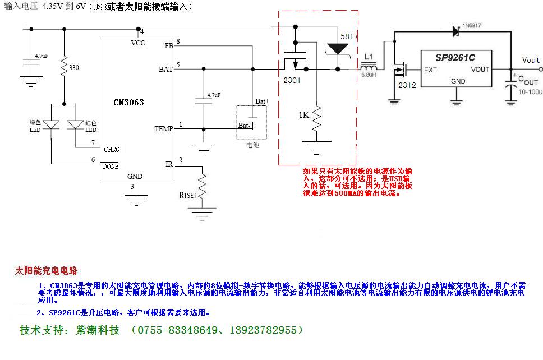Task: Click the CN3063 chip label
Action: click(128, 103)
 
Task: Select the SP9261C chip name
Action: click(455, 57)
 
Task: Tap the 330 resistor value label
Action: click(73, 68)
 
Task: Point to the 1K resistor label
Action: click(303, 115)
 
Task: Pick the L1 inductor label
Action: click(368, 57)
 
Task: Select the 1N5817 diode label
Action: click(472, 26)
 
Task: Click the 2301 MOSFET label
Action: click(291, 80)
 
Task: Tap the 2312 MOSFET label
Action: click(407, 85)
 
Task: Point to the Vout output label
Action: click(531, 60)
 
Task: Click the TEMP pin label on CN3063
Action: click(164, 129)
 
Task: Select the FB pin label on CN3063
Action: click(169, 45)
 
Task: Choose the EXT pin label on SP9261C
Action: click(430, 70)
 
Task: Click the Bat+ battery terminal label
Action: click(262, 101)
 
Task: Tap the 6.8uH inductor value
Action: click(369, 75)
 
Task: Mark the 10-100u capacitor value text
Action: click(530, 91)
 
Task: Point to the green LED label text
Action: click(35, 126)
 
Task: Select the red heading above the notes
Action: click(46, 271)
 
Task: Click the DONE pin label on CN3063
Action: click(111, 166)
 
